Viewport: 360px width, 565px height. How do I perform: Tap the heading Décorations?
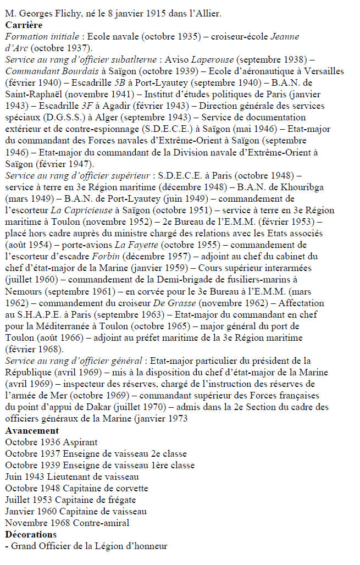pyautogui.click(x=31, y=534)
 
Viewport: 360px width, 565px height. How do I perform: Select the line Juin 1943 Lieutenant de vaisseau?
pyautogui.click(x=71, y=477)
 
